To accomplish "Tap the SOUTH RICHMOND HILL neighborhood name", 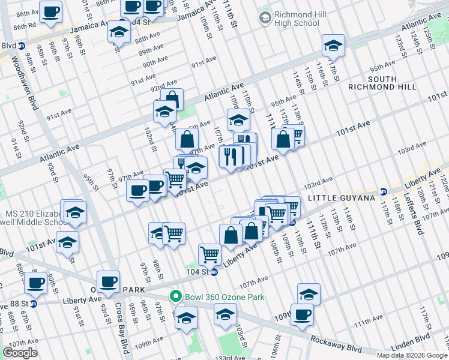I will click(382, 83).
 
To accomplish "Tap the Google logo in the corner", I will click(20, 353).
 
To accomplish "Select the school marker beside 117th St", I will click(333, 45).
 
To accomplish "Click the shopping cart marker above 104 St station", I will click(209, 254).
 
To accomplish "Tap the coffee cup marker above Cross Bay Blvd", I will click(108, 281).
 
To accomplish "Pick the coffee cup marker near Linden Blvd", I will click(302, 314).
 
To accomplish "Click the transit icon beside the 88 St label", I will click(33, 304).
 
